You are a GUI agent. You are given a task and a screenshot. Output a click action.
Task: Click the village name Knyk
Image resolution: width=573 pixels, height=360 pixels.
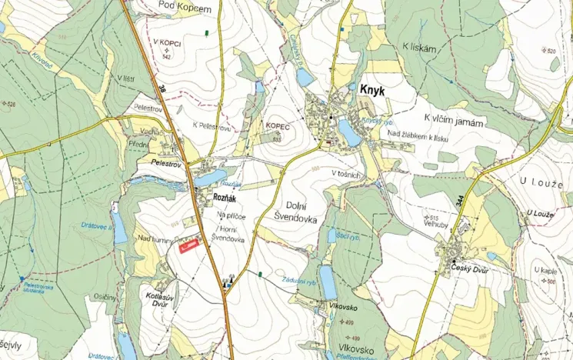[373, 90]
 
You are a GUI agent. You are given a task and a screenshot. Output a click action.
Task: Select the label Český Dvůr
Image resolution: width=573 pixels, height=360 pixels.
[470, 271]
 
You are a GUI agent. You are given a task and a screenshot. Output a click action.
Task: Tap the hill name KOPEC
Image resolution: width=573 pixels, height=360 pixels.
[276, 124]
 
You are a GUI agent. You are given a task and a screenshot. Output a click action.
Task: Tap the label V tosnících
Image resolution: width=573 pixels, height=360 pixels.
[346, 174]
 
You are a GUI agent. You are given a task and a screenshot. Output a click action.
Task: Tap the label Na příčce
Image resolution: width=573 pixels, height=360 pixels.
[231, 216]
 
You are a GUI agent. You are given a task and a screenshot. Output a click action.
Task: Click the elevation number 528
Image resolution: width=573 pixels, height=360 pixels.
[11, 103]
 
